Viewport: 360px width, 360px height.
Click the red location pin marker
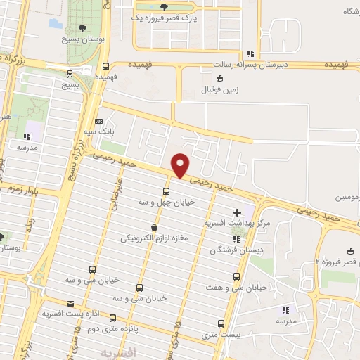[181, 165]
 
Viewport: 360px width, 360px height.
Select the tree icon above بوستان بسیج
[83, 29]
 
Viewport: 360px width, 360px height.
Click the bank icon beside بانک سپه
[98, 120]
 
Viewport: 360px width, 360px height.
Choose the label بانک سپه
[98, 131]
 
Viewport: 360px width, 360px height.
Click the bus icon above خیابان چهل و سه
[166, 191]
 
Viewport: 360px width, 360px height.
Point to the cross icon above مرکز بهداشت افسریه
[238, 212]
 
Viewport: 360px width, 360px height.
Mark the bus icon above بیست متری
[221, 324]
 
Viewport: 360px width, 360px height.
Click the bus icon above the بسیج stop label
[69, 73]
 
